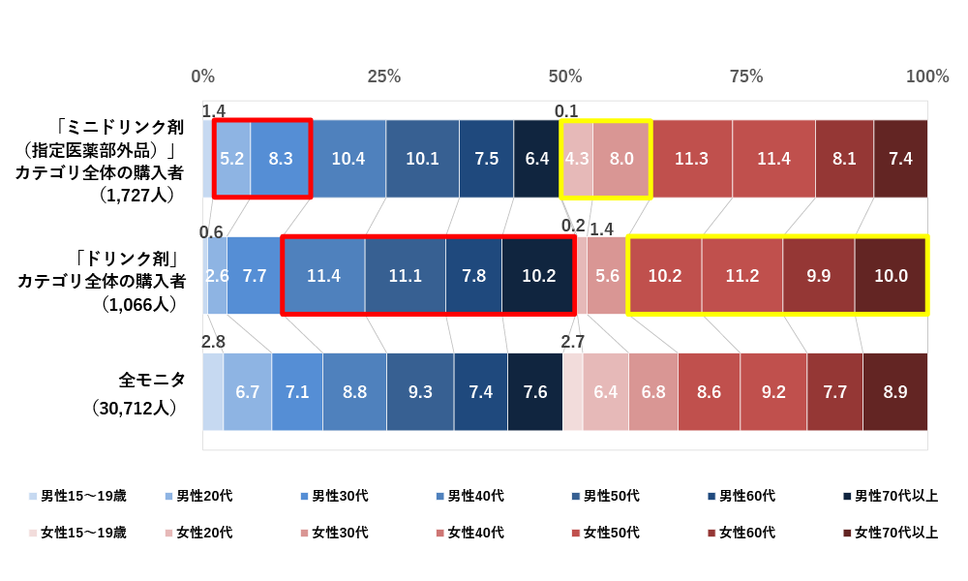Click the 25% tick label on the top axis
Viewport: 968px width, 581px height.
click(x=383, y=76)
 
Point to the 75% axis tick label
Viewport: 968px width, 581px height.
click(x=745, y=76)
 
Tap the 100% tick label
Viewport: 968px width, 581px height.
click(x=926, y=76)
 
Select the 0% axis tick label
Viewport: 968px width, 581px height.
click(x=203, y=76)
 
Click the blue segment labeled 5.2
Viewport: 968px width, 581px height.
click(x=232, y=159)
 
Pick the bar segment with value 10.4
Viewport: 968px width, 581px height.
click(x=348, y=159)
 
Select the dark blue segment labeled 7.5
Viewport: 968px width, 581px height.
click(x=486, y=159)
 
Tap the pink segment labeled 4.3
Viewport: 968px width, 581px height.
click(x=577, y=159)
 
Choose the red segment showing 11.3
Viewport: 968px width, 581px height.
click(x=691, y=159)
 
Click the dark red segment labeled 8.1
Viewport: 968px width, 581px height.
click(x=844, y=159)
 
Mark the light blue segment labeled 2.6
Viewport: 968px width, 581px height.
click(x=217, y=276)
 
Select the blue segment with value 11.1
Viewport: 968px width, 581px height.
click(x=405, y=276)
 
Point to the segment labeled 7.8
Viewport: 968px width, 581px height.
click(x=473, y=276)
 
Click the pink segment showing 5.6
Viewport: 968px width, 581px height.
click(x=607, y=276)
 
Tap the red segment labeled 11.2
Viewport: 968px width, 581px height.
click(x=741, y=276)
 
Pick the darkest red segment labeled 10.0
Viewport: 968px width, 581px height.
click(x=891, y=276)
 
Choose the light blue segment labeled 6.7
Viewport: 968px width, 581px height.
click(x=247, y=392)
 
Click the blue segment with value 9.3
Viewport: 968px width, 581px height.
click(x=420, y=392)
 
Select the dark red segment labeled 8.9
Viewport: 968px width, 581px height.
click(x=895, y=392)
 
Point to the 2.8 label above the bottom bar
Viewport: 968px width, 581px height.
click(x=213, y=342)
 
